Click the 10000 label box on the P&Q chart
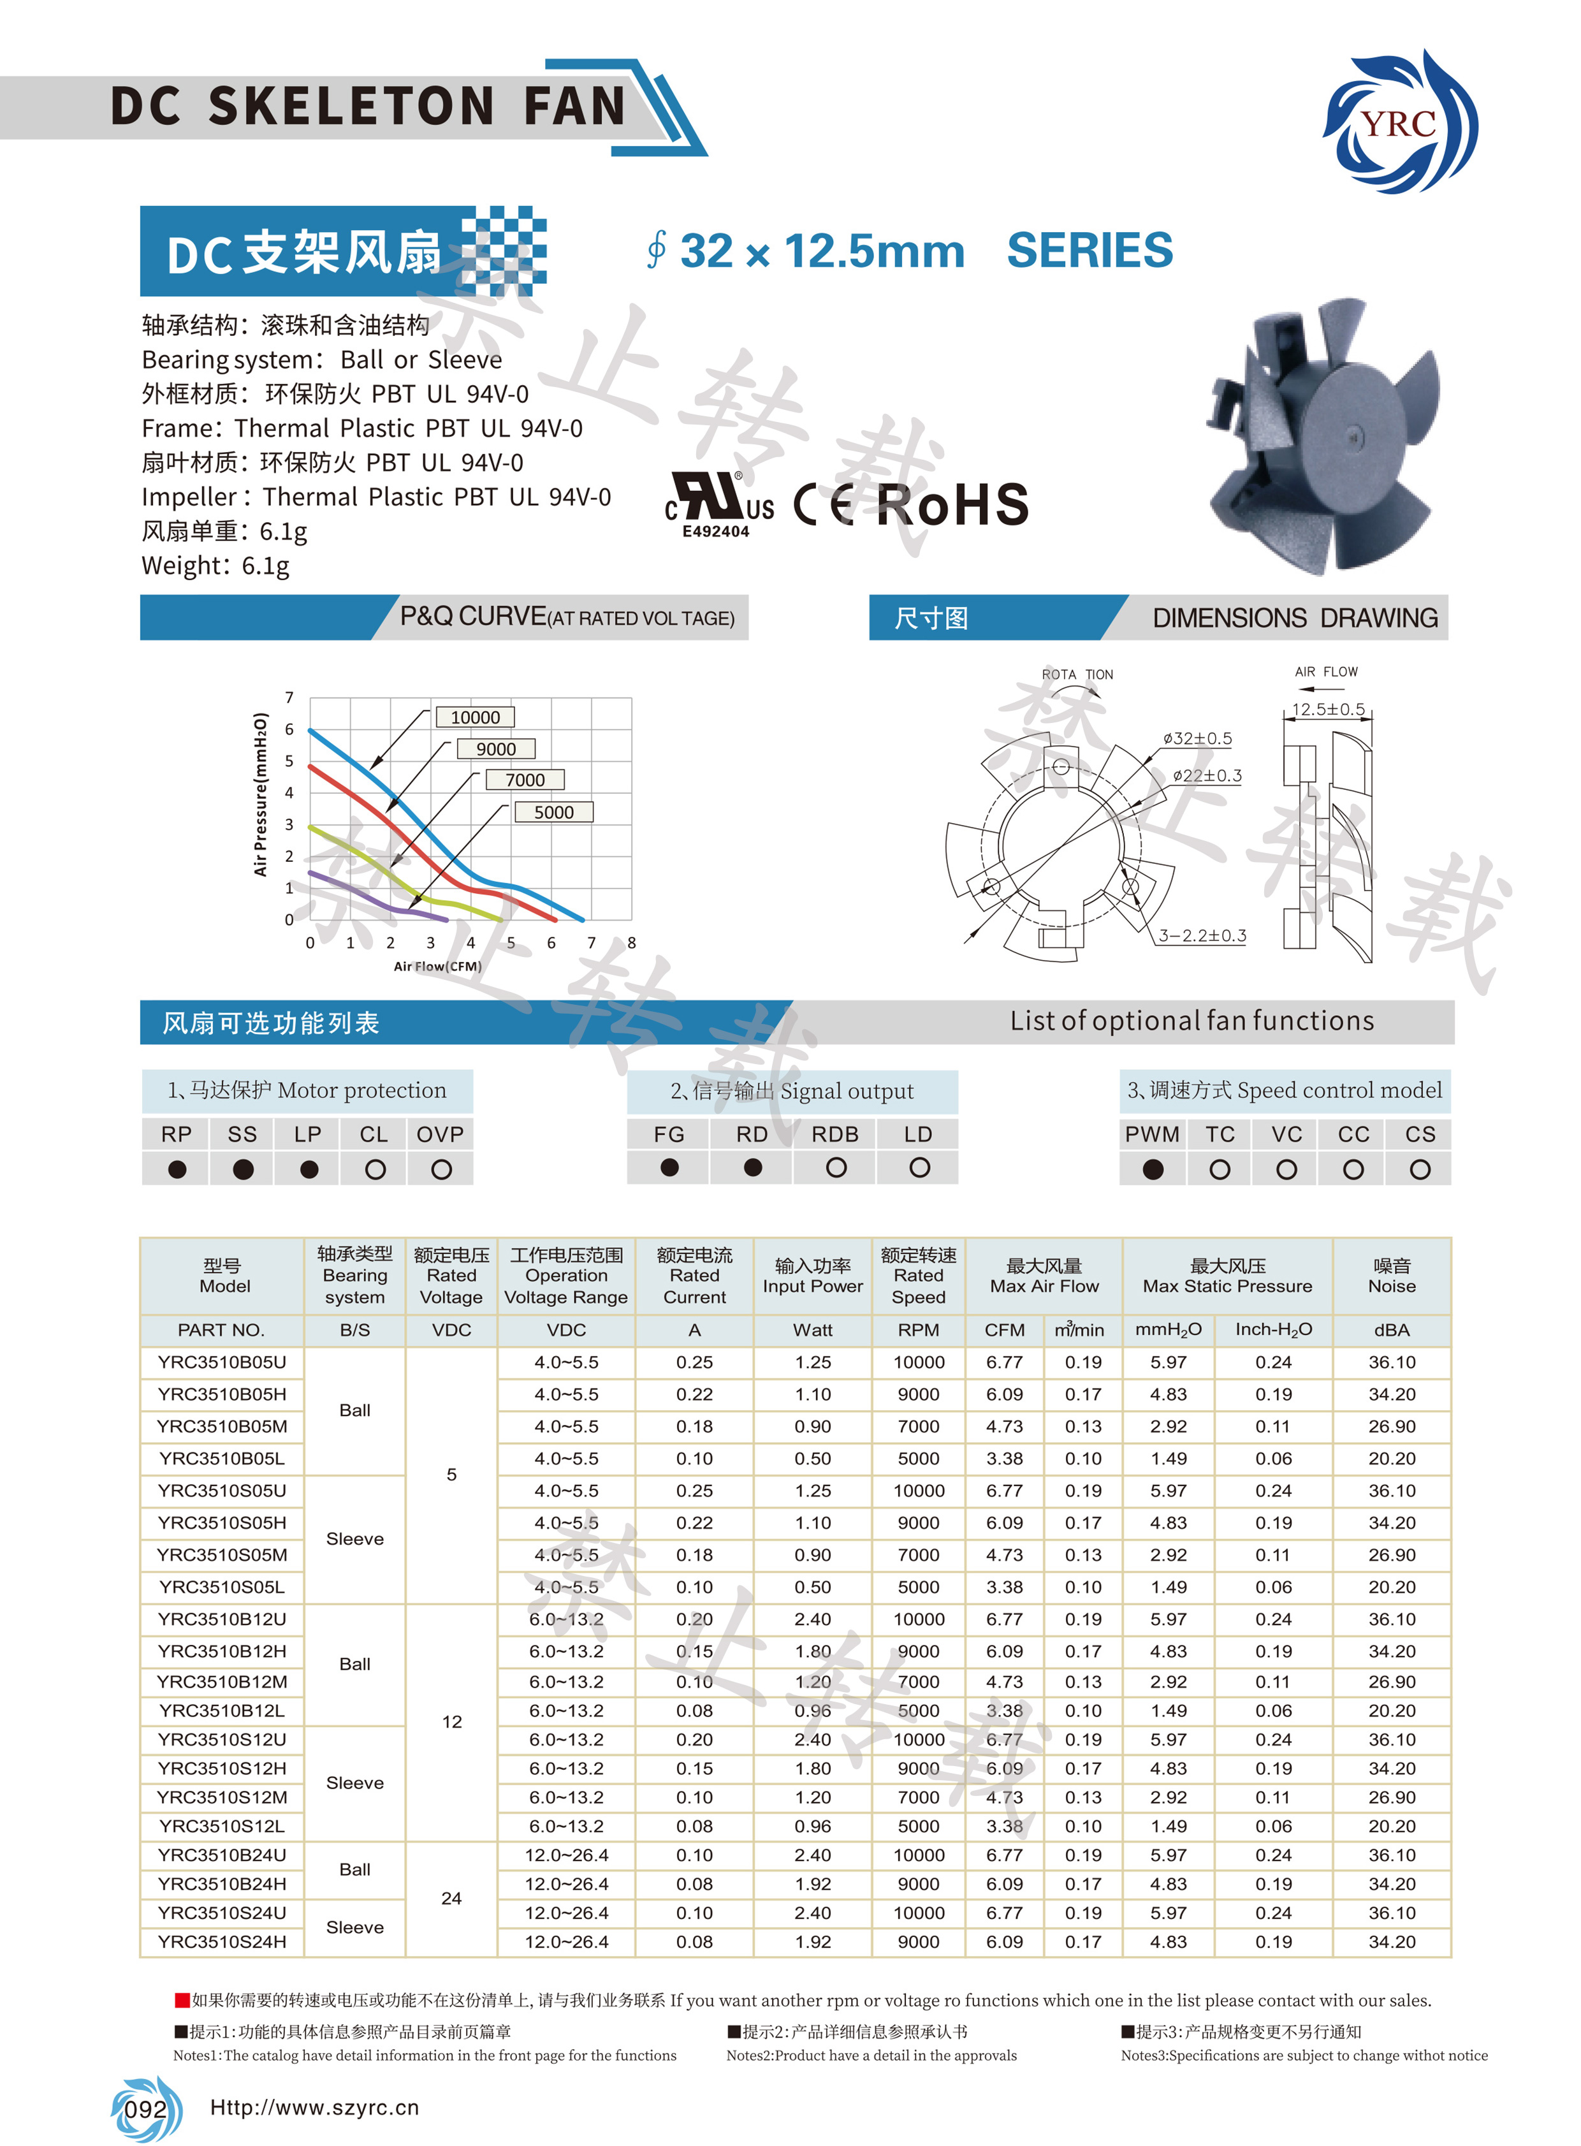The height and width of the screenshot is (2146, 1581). pyautogui.click(x=475, y=717)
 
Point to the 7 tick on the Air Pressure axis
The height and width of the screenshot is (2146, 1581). pyautogui.click(x=289, y=697)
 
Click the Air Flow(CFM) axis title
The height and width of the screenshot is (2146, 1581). pyautogui.click(x=437, y=967)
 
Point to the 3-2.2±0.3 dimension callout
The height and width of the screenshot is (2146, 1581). pyautogui.click(x=1202, y=935)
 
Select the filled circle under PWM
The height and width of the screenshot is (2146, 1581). pyautogui.click(x=1153, y=1169)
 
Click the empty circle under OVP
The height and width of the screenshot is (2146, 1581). pyautogui.click(x=441, y=1169)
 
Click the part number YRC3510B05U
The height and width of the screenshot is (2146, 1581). pyautogui.click(x=222, y=1362)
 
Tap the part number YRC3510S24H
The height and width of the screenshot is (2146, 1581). pyautogui.click(x=222, y=1942)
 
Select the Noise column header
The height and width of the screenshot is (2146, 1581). pyautogui.click(x=1392, y=1276)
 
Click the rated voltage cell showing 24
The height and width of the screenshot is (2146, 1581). pyautogui.click(x=452, y=1898)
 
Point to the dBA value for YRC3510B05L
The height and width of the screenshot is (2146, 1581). pyautogui.click(x=1392, y=1459)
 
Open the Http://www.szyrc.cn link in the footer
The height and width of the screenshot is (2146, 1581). pyautogui.click(x=314, y=2108)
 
